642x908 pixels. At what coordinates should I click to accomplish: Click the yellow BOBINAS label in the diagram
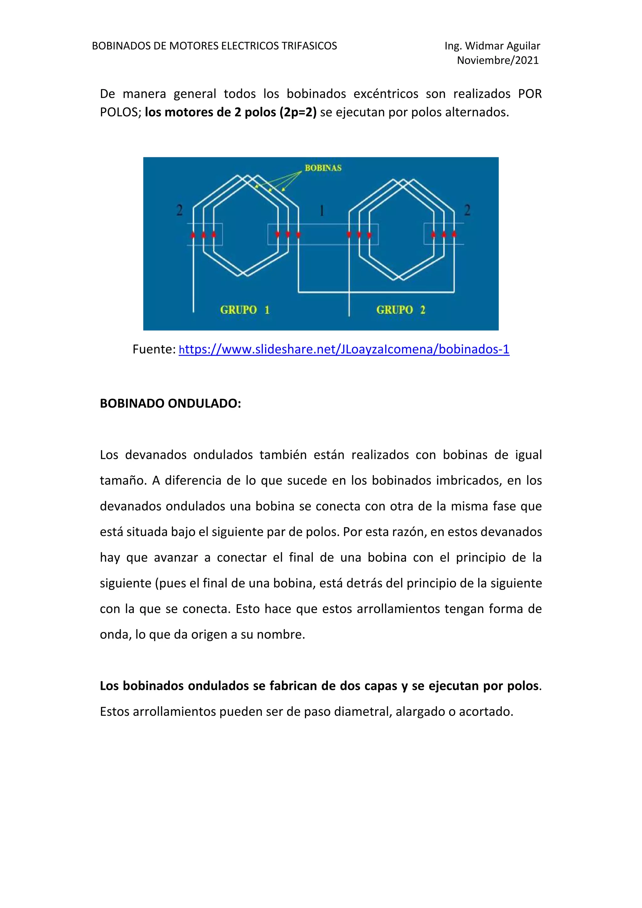323,168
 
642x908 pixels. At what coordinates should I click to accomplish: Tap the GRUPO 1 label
245,310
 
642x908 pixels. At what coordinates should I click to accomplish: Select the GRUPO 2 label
400,310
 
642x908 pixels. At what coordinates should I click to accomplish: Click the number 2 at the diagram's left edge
180,210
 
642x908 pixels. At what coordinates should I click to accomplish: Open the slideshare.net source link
344,349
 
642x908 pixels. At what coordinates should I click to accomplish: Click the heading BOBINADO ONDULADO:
170,403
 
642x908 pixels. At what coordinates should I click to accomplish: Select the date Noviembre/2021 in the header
497,60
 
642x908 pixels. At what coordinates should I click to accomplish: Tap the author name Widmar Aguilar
503,46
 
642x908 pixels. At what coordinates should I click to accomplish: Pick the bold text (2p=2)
298,112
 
